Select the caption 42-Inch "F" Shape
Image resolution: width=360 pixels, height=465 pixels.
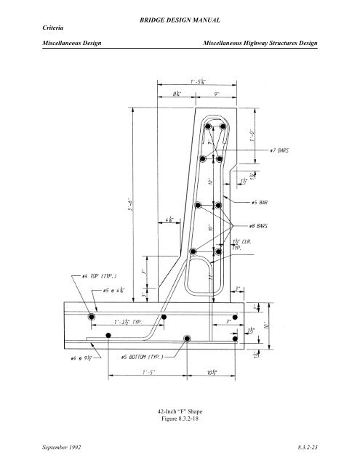click(x=179, y=411)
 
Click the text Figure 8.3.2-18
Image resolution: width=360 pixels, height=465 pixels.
click(x=179, y=419)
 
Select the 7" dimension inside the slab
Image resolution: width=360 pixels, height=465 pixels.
click(x=231, y=320)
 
